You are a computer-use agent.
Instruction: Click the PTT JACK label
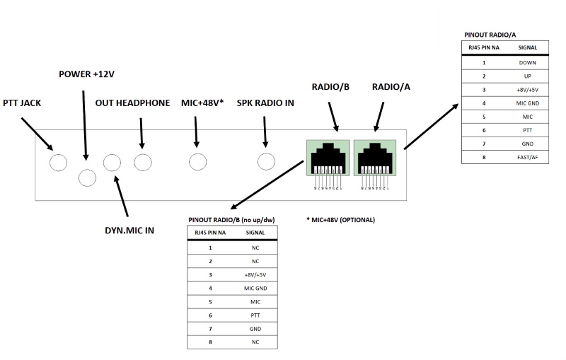[x=22, y=103]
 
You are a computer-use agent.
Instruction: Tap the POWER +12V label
[x=86, y=74]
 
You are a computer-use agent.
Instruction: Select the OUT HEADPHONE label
[x=132, y=103]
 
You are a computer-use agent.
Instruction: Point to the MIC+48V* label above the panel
[x=202, y=103]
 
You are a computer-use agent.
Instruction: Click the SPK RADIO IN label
[x=265, y=103]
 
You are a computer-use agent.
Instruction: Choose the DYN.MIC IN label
[x=129, y=231]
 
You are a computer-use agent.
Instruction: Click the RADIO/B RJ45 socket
[x=328, y=158]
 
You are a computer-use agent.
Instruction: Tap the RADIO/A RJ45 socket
[x=375, y=158]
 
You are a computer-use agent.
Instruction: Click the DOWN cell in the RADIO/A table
[x=527, y=63]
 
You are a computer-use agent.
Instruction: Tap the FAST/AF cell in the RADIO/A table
[x=527, y=157]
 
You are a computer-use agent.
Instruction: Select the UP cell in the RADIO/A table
[x=527, y=76]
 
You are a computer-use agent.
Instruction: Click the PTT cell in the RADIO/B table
[x=255, y=315]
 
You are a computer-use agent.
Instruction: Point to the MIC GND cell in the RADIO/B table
[x=255, y=289]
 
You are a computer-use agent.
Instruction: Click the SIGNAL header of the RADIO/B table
[x=255, y=233]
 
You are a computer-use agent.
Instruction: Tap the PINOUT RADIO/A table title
[x=490, y=35]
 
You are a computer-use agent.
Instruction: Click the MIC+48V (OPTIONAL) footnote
[x=341, y=220]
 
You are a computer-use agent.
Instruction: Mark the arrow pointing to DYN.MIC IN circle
[x=121, y=196]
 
